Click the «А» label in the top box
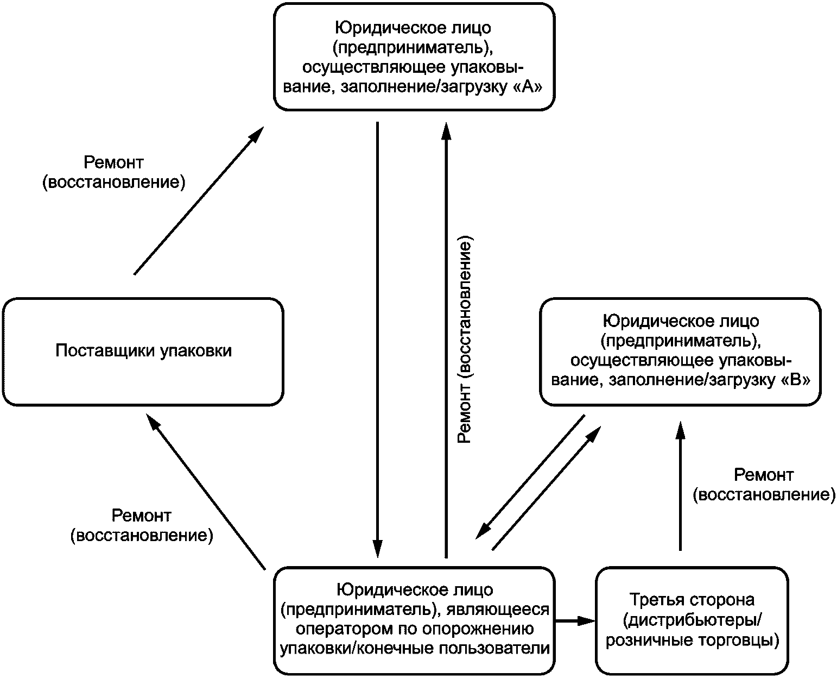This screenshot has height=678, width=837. [x=528, y=87]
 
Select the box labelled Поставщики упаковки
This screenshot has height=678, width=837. [x=143, y=352]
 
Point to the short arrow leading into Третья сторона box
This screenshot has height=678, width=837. [x=575, y=621]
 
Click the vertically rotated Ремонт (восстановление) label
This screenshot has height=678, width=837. [x=465, y=340]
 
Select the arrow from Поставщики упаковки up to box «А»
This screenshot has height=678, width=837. [x=199, y=200]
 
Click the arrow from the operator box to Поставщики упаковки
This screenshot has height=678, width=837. [x=206, y=491]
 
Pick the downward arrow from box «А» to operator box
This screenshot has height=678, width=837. [x=378, y=340]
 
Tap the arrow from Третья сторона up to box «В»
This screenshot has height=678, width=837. [x=681, y=486]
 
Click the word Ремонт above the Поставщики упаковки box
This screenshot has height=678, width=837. [x=113, y=162]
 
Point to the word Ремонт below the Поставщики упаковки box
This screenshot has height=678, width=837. [x=142, y=515]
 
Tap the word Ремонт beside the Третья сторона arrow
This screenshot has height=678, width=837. [x=764, y=475]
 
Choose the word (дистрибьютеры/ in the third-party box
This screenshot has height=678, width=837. [x=692, y=620]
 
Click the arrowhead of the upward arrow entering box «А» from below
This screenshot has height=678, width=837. [x=446, y=131]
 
